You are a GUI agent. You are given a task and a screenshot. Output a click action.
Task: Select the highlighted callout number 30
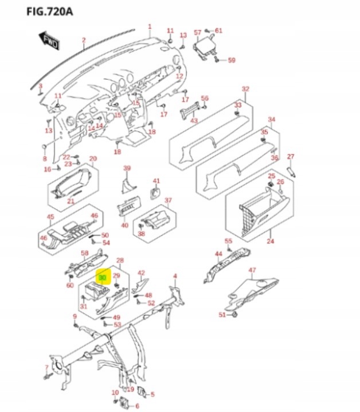pyautogui.click(x=103, y=278)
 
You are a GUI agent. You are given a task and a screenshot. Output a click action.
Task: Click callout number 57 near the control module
pyautogui.click(x=197, y=32)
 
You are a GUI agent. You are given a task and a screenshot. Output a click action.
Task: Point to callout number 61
pyautogui.click(x=218, y=30)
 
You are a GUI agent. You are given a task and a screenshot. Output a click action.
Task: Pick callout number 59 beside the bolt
pyautogui.click(x=232, y=60)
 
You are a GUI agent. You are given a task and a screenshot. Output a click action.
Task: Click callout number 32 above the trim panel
pyautogui.click(x=245, y=89)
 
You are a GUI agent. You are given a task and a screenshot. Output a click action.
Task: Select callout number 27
pyautogui.click(x=290, y=156)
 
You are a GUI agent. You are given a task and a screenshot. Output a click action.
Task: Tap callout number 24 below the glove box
pyautogui.click(x=270, y=242)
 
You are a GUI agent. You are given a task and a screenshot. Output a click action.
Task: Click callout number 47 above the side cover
pyautogui.click(x=252, y=270)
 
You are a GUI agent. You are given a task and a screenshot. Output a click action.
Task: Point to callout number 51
pyautogui.click(x=222, y=314)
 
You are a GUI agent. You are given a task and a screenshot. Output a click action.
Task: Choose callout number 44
pyautogui.click(x=218, y=253)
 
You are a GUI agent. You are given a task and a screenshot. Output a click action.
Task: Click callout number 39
pyautogui.click(x=127, y=168)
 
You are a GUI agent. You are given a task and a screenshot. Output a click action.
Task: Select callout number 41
pyautogui.click(x=156, y=181)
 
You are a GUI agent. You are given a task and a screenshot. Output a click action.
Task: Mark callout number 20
pyautogui.click(x=93, y=158)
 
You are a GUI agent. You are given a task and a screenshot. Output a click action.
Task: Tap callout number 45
pyautogui.click(x=50, y=216)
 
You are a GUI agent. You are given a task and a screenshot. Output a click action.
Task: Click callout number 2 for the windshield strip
pyautogui.click(x=83, y=40)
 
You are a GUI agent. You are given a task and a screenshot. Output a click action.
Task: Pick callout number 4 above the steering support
pyautogui.click(x=175, y=276)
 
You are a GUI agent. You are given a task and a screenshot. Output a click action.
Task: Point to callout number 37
pyautogui.click(x=168, y=200)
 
